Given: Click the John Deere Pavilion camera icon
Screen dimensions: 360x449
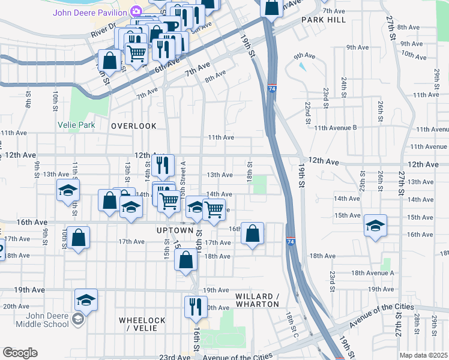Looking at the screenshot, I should click(x=136, y=11).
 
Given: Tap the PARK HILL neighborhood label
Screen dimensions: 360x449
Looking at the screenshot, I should click(x=324, y=20).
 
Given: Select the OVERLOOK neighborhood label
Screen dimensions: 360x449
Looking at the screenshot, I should click(x=133, y=126).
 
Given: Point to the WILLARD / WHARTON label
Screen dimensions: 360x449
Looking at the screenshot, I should click(x=257, y=301).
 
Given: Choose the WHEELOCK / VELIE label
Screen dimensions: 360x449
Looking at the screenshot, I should click(x=138, y=324).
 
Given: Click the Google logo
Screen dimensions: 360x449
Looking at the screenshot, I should click(x=20, y=353).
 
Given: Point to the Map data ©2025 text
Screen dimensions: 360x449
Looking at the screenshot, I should click(x=423, y=355).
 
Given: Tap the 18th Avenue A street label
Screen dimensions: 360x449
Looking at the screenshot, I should click(x=372, y=272).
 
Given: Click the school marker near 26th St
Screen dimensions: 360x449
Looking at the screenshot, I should click(x=375, y=226).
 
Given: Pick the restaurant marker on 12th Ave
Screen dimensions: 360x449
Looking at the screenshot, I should click(x=163, y=164).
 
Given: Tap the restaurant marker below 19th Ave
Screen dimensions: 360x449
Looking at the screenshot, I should click(x=196, y=306).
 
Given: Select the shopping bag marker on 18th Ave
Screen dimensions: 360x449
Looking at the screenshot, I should click(x=185, y=260).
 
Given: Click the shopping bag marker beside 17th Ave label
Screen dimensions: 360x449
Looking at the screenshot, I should click(x=78, y=238).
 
